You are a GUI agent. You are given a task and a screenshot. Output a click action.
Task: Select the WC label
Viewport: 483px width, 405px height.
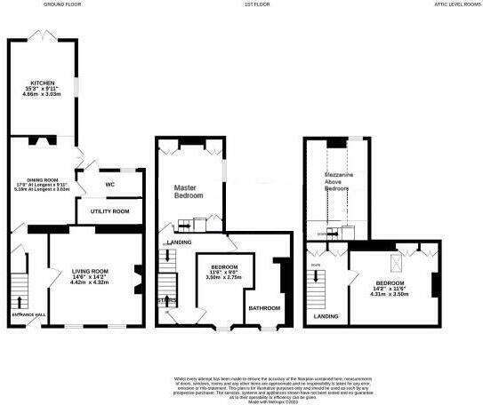tap(110, 185)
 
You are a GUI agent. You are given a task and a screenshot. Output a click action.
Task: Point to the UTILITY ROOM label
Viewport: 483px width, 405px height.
tap(110, 211)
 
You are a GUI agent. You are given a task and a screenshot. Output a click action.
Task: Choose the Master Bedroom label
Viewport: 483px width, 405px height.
tap(189, 190)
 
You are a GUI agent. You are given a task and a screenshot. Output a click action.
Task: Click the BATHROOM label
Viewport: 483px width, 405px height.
tap(264, 308)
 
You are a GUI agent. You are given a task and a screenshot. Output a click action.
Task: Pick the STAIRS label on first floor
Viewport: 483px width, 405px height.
tap(165, 300)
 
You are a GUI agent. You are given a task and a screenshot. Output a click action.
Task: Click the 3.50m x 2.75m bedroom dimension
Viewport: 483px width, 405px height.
tap(223, 278)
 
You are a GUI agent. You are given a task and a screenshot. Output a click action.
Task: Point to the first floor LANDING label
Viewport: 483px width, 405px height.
tap(179, 242)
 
